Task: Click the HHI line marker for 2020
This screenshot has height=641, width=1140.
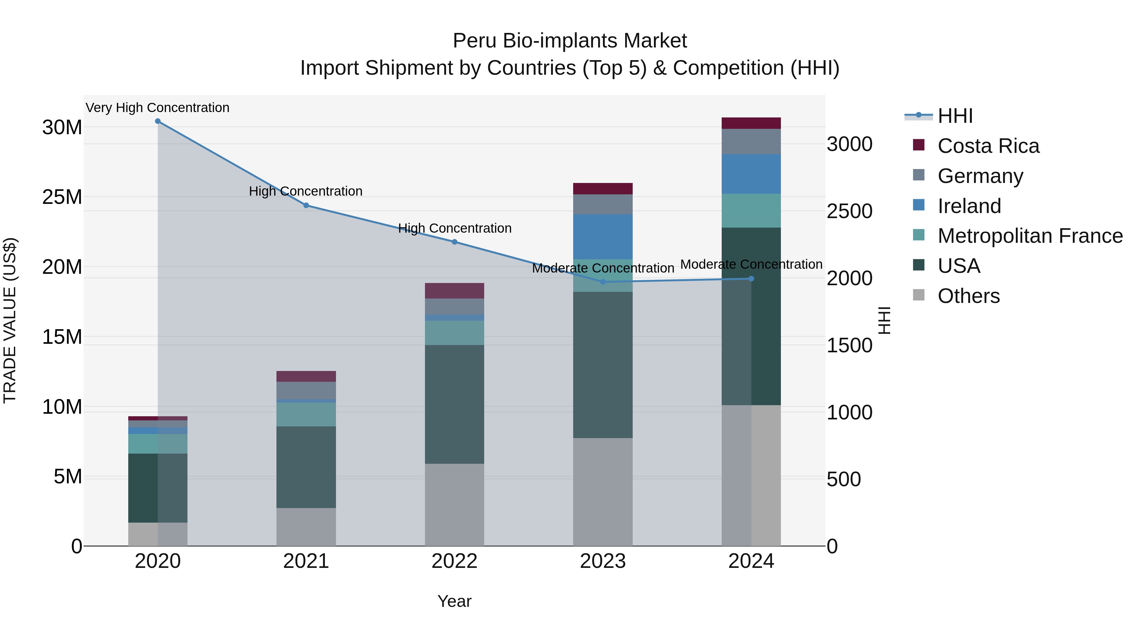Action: click(158, 121)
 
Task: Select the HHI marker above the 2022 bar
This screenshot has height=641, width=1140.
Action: click(454, 242)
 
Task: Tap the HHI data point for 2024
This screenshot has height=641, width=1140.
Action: click(751, 279)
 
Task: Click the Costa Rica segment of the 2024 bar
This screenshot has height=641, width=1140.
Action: click(751, 123)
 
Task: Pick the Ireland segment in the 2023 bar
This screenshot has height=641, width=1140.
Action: click(603, 237)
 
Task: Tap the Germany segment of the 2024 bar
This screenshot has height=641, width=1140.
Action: click(751, 141)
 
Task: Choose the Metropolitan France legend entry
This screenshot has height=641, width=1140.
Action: click(1030, 236)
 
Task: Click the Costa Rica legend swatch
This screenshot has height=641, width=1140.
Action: click(919, 145)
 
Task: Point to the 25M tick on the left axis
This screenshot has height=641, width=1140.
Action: click(62, 197)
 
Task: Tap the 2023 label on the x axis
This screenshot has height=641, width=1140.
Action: click(603, 561)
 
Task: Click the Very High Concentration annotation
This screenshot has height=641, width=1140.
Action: click(158, 108)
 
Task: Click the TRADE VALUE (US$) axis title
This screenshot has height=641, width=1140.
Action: click(10, 320)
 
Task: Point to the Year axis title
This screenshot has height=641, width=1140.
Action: click(454, 601)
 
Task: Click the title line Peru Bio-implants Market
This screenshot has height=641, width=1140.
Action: click(570, 41)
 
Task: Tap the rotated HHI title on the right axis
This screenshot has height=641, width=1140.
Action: click(884, 320)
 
